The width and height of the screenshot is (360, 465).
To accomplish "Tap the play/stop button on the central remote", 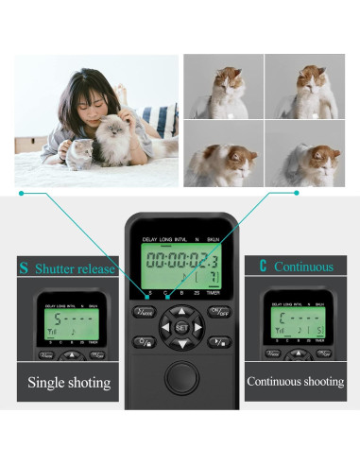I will pyautogui.click(x=219, y=342).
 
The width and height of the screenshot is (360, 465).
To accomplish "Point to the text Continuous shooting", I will pyautogui.click(x=294, y=382).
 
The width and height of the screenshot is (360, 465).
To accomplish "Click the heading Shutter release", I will pyautogui.click(x=76, y=267).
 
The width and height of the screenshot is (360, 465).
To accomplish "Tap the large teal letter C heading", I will pyautogui.click(x=252, y=267).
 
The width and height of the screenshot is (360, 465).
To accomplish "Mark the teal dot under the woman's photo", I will pyautogui.click(x=23, y=194).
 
